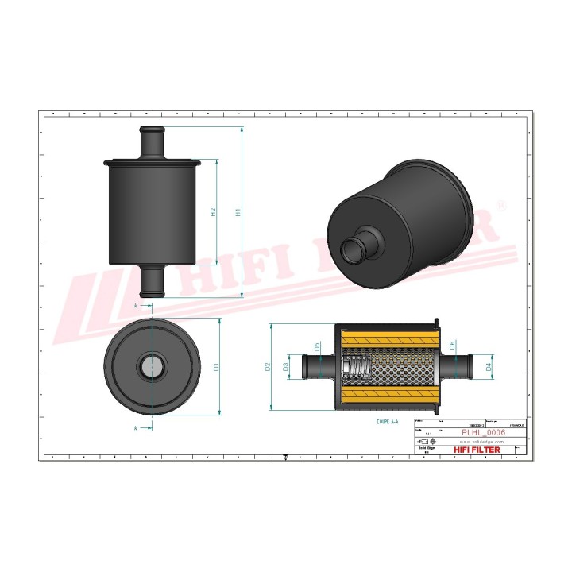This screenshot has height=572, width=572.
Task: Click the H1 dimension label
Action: [237, 213]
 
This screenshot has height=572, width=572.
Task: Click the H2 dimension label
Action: [213, 213]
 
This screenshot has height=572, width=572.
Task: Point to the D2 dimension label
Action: [269, 366]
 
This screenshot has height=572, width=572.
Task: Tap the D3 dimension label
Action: [286, 366]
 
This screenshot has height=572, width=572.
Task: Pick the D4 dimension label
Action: [489, 367]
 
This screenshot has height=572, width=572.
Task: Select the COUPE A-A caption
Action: [392, 423]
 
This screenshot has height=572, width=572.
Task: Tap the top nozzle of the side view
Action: [152, 142]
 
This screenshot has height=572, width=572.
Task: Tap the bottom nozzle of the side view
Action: [152, 281]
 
